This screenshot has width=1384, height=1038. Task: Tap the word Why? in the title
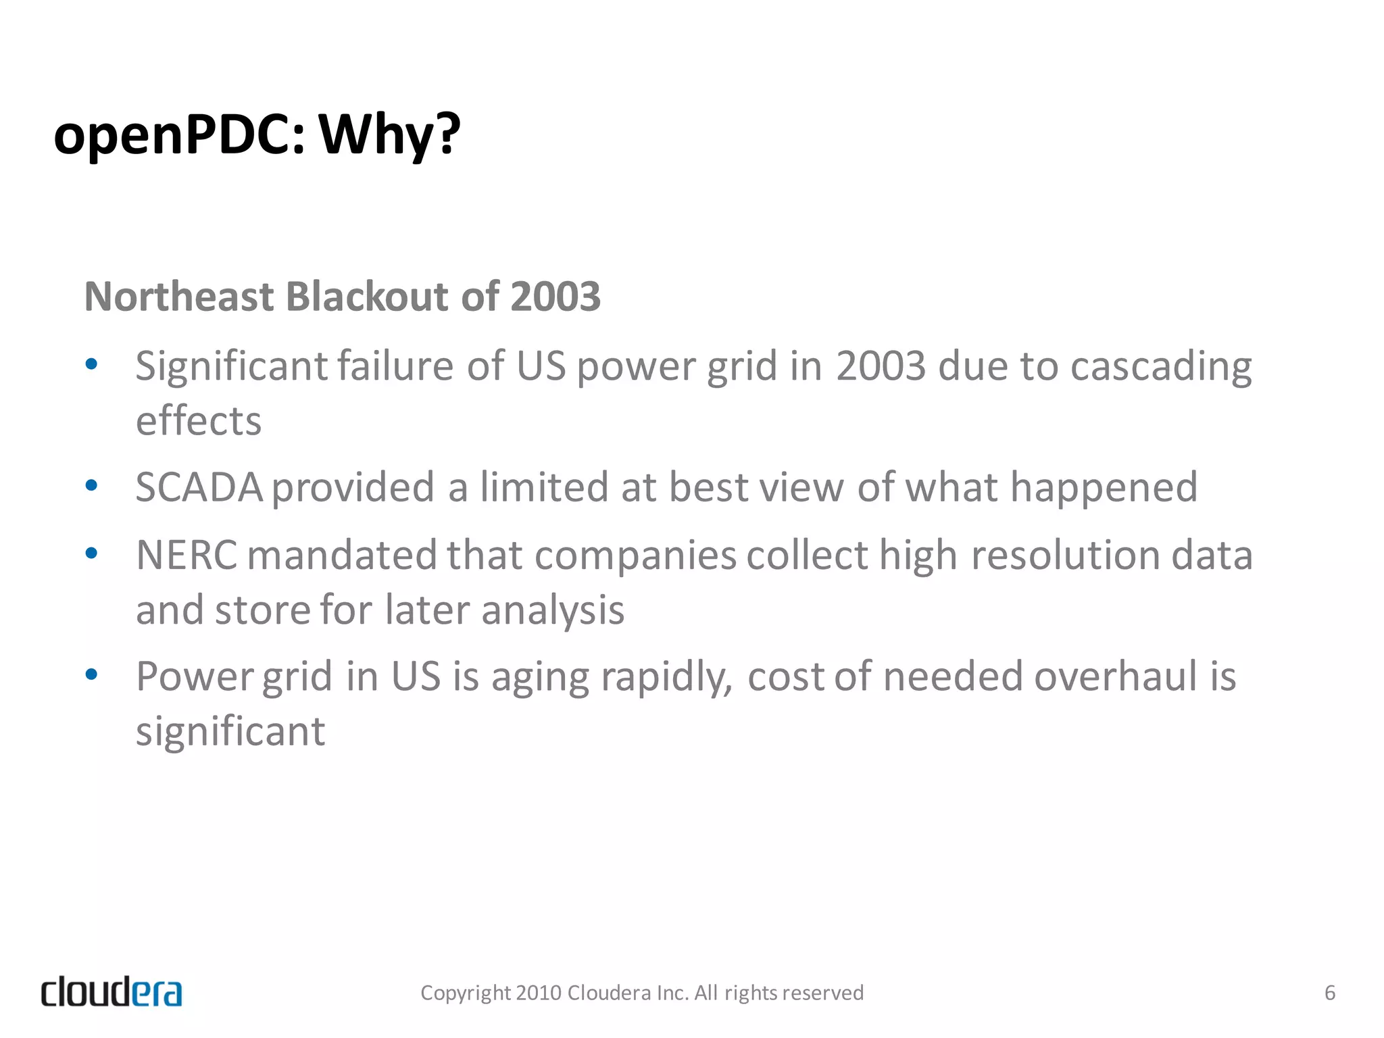tap(389, 135)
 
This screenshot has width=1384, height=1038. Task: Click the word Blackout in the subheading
tap(367, 297)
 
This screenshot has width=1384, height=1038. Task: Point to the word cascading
tap(1161, 367)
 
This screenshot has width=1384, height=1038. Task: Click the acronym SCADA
tap(199, 487)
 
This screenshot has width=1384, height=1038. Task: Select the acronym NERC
tap(187, 555)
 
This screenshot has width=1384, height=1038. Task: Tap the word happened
tap(1104, 487)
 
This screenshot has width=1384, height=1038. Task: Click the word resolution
tap(1066, 555)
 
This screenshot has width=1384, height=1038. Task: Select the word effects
tap(199, 421)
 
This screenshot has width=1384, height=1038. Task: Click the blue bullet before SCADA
tap(92, 485)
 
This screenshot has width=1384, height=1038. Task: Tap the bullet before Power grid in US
tap(92, 674)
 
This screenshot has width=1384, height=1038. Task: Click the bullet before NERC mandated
tap(92, 553)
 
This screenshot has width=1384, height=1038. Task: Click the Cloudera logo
tap(112, 992)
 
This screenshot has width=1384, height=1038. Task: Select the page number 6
tap(1329, 993)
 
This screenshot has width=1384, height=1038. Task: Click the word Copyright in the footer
tap(466, 993)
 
